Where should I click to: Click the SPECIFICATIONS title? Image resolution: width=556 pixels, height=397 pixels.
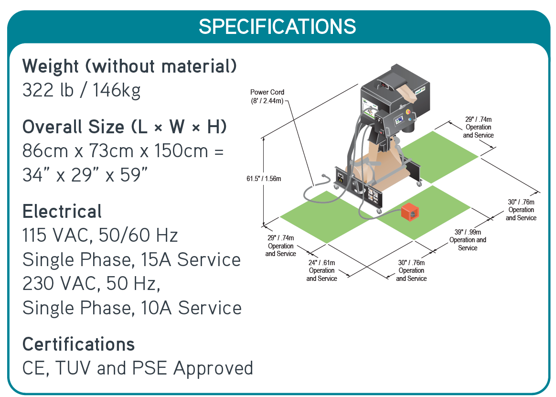(278, 26)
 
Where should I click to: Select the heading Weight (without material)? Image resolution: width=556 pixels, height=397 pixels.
(129, 66)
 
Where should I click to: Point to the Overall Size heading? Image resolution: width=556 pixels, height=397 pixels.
(124, 127)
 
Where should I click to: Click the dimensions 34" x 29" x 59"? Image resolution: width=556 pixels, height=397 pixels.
(84, 175)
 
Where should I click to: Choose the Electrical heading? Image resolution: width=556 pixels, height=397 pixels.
(62, 211)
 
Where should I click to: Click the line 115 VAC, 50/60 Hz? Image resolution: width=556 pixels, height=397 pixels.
(100, 236)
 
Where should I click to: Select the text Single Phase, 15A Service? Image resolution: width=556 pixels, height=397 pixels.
(131, 260)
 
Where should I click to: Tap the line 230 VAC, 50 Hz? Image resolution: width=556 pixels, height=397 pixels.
(91, 284)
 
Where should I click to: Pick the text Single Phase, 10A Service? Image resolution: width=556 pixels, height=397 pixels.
(132, 308)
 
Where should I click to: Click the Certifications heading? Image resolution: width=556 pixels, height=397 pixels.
(78, 344)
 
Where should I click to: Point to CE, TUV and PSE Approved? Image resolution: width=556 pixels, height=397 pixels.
(138, 368)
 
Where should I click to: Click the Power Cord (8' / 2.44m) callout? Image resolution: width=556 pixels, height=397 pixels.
(267, 96)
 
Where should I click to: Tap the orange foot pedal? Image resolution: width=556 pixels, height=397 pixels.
(410, 212)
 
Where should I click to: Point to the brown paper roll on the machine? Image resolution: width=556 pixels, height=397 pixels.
(377, 170)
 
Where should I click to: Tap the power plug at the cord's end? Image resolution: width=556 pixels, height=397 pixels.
(327, 178)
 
